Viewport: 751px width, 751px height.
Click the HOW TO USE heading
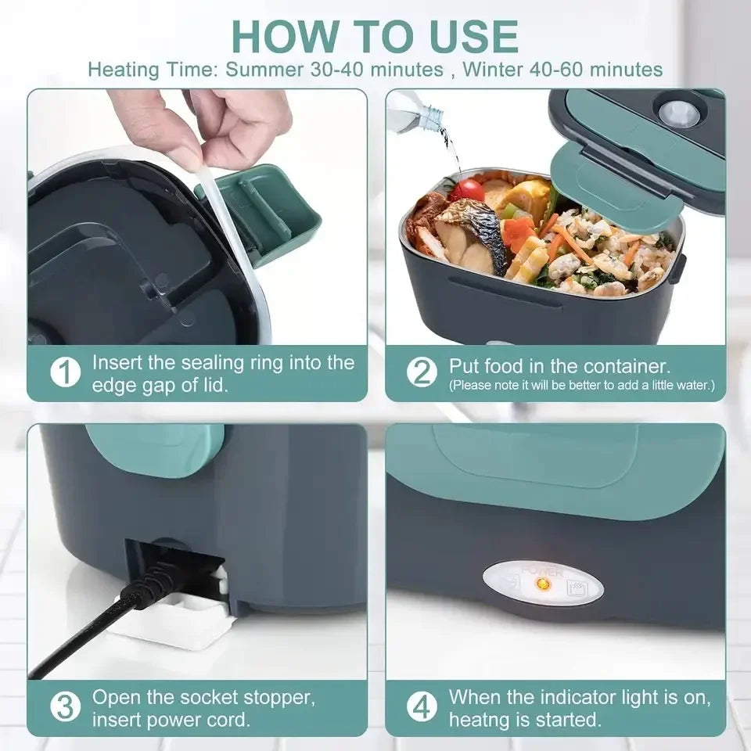[375, 35]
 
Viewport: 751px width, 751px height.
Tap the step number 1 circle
[66, 374]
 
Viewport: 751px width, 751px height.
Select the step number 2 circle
[423, 373]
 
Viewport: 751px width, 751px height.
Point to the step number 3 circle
[66, 707]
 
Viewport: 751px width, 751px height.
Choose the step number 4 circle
[423, 707]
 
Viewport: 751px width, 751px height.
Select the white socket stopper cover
[168, 623]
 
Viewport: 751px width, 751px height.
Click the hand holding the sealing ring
[199, 125]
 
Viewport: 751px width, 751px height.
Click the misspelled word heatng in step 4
[479, 719]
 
